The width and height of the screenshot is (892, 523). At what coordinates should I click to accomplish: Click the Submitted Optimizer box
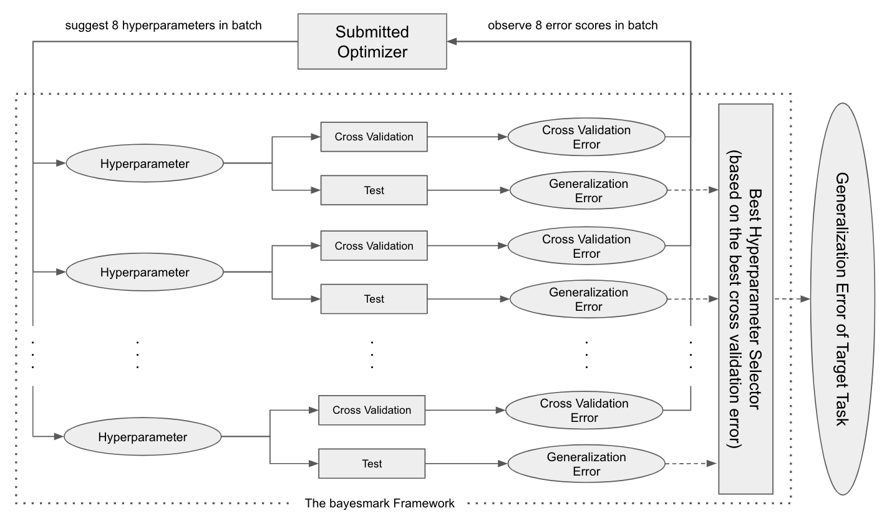coord(372,41)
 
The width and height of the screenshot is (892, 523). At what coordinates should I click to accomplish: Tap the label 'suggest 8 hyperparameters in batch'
coord(163,26)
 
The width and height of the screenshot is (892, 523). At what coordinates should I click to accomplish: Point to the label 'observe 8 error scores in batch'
coord(573,26)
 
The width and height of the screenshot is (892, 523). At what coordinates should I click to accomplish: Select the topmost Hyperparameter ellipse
coord(145,164)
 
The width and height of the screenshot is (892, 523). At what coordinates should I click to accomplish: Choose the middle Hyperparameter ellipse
coord(145,272)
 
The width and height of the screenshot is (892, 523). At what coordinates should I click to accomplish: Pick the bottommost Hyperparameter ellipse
coord(143,437)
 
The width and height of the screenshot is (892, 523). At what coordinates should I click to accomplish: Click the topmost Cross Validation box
coord(374,137)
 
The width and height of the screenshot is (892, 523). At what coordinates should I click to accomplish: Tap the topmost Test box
coord(374,190)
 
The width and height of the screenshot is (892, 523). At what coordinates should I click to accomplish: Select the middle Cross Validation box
coord(374,246)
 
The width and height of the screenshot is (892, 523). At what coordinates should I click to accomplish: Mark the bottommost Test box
coord(372,464)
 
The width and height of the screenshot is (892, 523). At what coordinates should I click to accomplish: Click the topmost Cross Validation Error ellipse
coord(586,137)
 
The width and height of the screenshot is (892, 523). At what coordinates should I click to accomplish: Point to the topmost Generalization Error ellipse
coord(589,190)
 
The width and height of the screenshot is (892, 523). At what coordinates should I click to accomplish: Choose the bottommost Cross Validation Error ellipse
coord(584,410)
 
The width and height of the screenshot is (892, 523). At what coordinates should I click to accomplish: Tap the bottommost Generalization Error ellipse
coord(586,464)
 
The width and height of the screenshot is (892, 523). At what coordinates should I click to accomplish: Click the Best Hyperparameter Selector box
coord(746,299)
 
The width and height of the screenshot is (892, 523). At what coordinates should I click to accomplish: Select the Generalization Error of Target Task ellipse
coord(843,299)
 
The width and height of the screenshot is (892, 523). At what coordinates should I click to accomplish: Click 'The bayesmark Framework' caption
coord(379,504)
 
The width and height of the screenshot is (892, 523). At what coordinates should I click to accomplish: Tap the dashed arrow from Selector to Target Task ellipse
coord(792,299)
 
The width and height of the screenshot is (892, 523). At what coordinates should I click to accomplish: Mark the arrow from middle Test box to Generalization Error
coord(468,299)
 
